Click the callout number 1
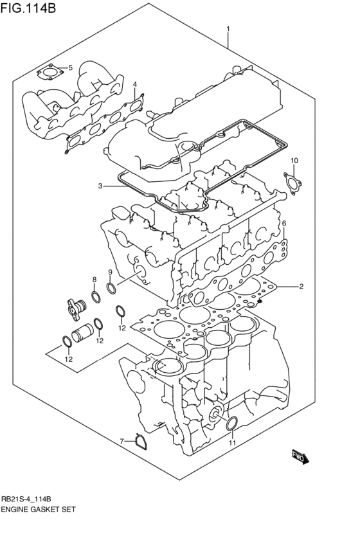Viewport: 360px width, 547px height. coord(228,28)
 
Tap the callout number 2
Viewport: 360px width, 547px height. coord(300,286)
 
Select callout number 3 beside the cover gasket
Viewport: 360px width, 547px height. coord(100,186)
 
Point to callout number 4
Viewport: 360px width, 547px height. coord(135,84)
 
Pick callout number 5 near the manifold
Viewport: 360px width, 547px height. coord(70,67)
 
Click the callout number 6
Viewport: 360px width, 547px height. coord(283,223)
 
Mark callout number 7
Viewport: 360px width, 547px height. coord(121,441)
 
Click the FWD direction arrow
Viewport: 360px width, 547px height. coord(300,457)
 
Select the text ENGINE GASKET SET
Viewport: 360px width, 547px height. coord(41,508)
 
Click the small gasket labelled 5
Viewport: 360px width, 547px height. coord(50,73)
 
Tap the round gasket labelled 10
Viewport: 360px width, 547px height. coord(292,182)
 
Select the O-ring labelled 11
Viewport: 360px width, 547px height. coord(233,422)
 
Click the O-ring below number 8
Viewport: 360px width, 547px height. coord(94,296)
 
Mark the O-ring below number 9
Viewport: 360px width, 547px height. coord(111,287)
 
